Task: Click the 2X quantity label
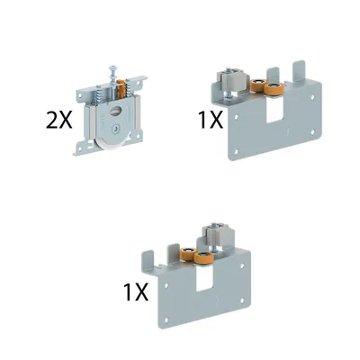point(59,120)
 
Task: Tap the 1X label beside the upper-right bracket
point(211,120)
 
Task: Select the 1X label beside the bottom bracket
point(136,292)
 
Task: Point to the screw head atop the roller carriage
point(112,67)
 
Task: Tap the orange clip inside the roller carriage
point(121,88)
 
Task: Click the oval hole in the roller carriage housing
point(114,112)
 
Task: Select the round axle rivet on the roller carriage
point(114,129)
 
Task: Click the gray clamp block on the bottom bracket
point(218,234)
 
